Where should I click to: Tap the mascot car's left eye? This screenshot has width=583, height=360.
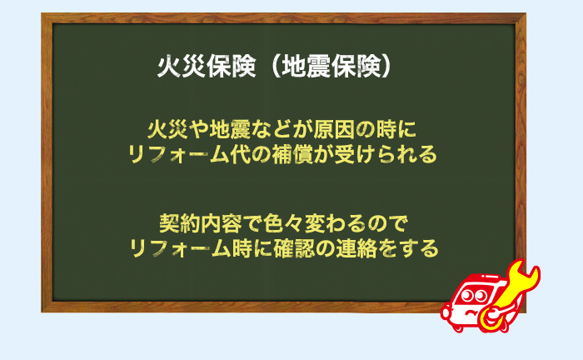(467, 294)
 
